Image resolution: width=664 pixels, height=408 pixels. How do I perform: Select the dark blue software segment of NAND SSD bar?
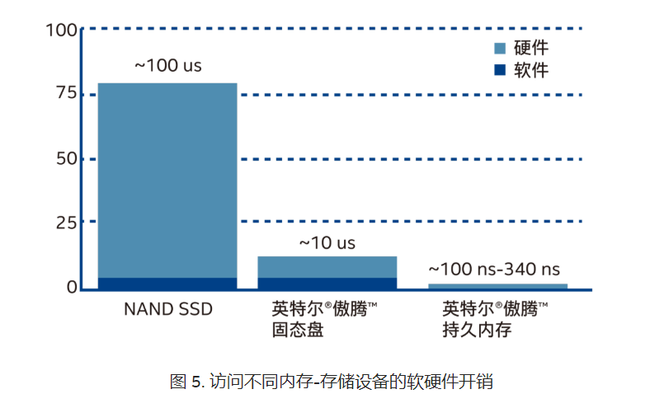click(x=167, y=283)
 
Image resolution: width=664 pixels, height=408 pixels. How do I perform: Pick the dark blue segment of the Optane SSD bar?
click(x=327, y=283)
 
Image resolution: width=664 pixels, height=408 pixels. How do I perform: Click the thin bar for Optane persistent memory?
click(x=497, y=286)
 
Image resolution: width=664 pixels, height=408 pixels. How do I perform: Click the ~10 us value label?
click(x=327, y=243)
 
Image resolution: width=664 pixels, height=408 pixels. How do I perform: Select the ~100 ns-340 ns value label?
click(x=497, y=270)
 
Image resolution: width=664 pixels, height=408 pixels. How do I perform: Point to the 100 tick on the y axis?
click(x=63, y=30)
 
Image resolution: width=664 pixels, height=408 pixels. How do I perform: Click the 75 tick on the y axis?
click(x=66, y=94)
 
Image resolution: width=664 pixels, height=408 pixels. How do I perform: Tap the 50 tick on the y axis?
click(x=66, y=158)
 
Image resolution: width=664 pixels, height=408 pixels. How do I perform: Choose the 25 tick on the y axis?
click(x=66, y=223)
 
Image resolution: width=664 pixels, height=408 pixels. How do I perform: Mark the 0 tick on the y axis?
click(x=72, y=287)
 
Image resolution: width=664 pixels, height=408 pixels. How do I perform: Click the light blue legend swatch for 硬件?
click(x=499, y=48)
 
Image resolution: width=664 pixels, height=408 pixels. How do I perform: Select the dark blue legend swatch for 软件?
click(x=499, y=70)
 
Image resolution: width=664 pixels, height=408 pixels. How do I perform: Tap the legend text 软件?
click(x=531, y=70)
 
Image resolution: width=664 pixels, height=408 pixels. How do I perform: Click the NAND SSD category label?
click(x=168, y=310)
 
